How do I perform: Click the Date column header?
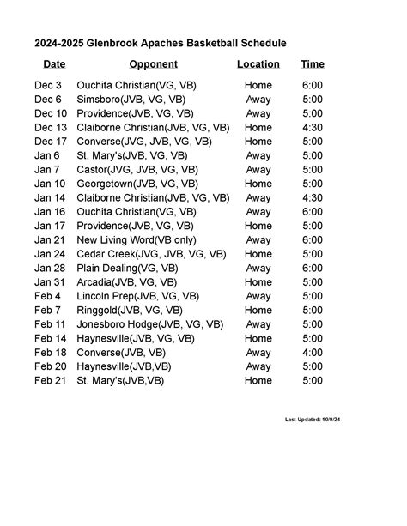pos(54,64)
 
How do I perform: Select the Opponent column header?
pos(153,64)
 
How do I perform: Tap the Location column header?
pos(258,64)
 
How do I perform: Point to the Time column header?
pos(313,64)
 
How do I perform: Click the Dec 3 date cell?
pos(48,86)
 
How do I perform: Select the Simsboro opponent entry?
pos(130,100)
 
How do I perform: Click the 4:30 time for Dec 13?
pos(313,128)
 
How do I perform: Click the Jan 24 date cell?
pos(50,254)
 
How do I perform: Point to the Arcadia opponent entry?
pos(127,282)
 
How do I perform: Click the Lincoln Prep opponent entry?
pos(137,296)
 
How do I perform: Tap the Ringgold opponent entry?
pos(130,311)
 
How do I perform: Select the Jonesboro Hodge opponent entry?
pos(150,324)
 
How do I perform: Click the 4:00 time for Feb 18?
pos(313,353)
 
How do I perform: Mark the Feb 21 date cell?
pos(50,380)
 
